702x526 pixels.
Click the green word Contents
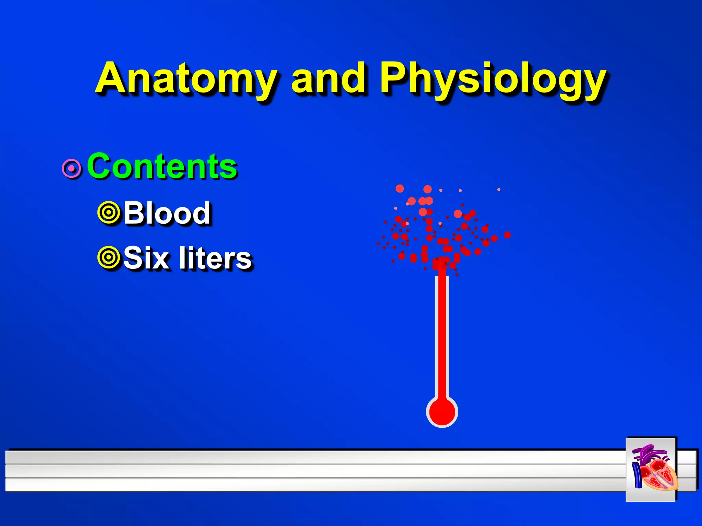(162, 166)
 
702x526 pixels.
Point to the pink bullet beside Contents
(72, 168)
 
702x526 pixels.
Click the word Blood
(167, 213)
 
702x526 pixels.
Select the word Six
(146, 258)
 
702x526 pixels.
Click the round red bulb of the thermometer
(442, 412)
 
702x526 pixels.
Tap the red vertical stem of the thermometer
(442, 336)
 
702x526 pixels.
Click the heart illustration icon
(651, 469)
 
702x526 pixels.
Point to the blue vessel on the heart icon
(637, 475)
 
